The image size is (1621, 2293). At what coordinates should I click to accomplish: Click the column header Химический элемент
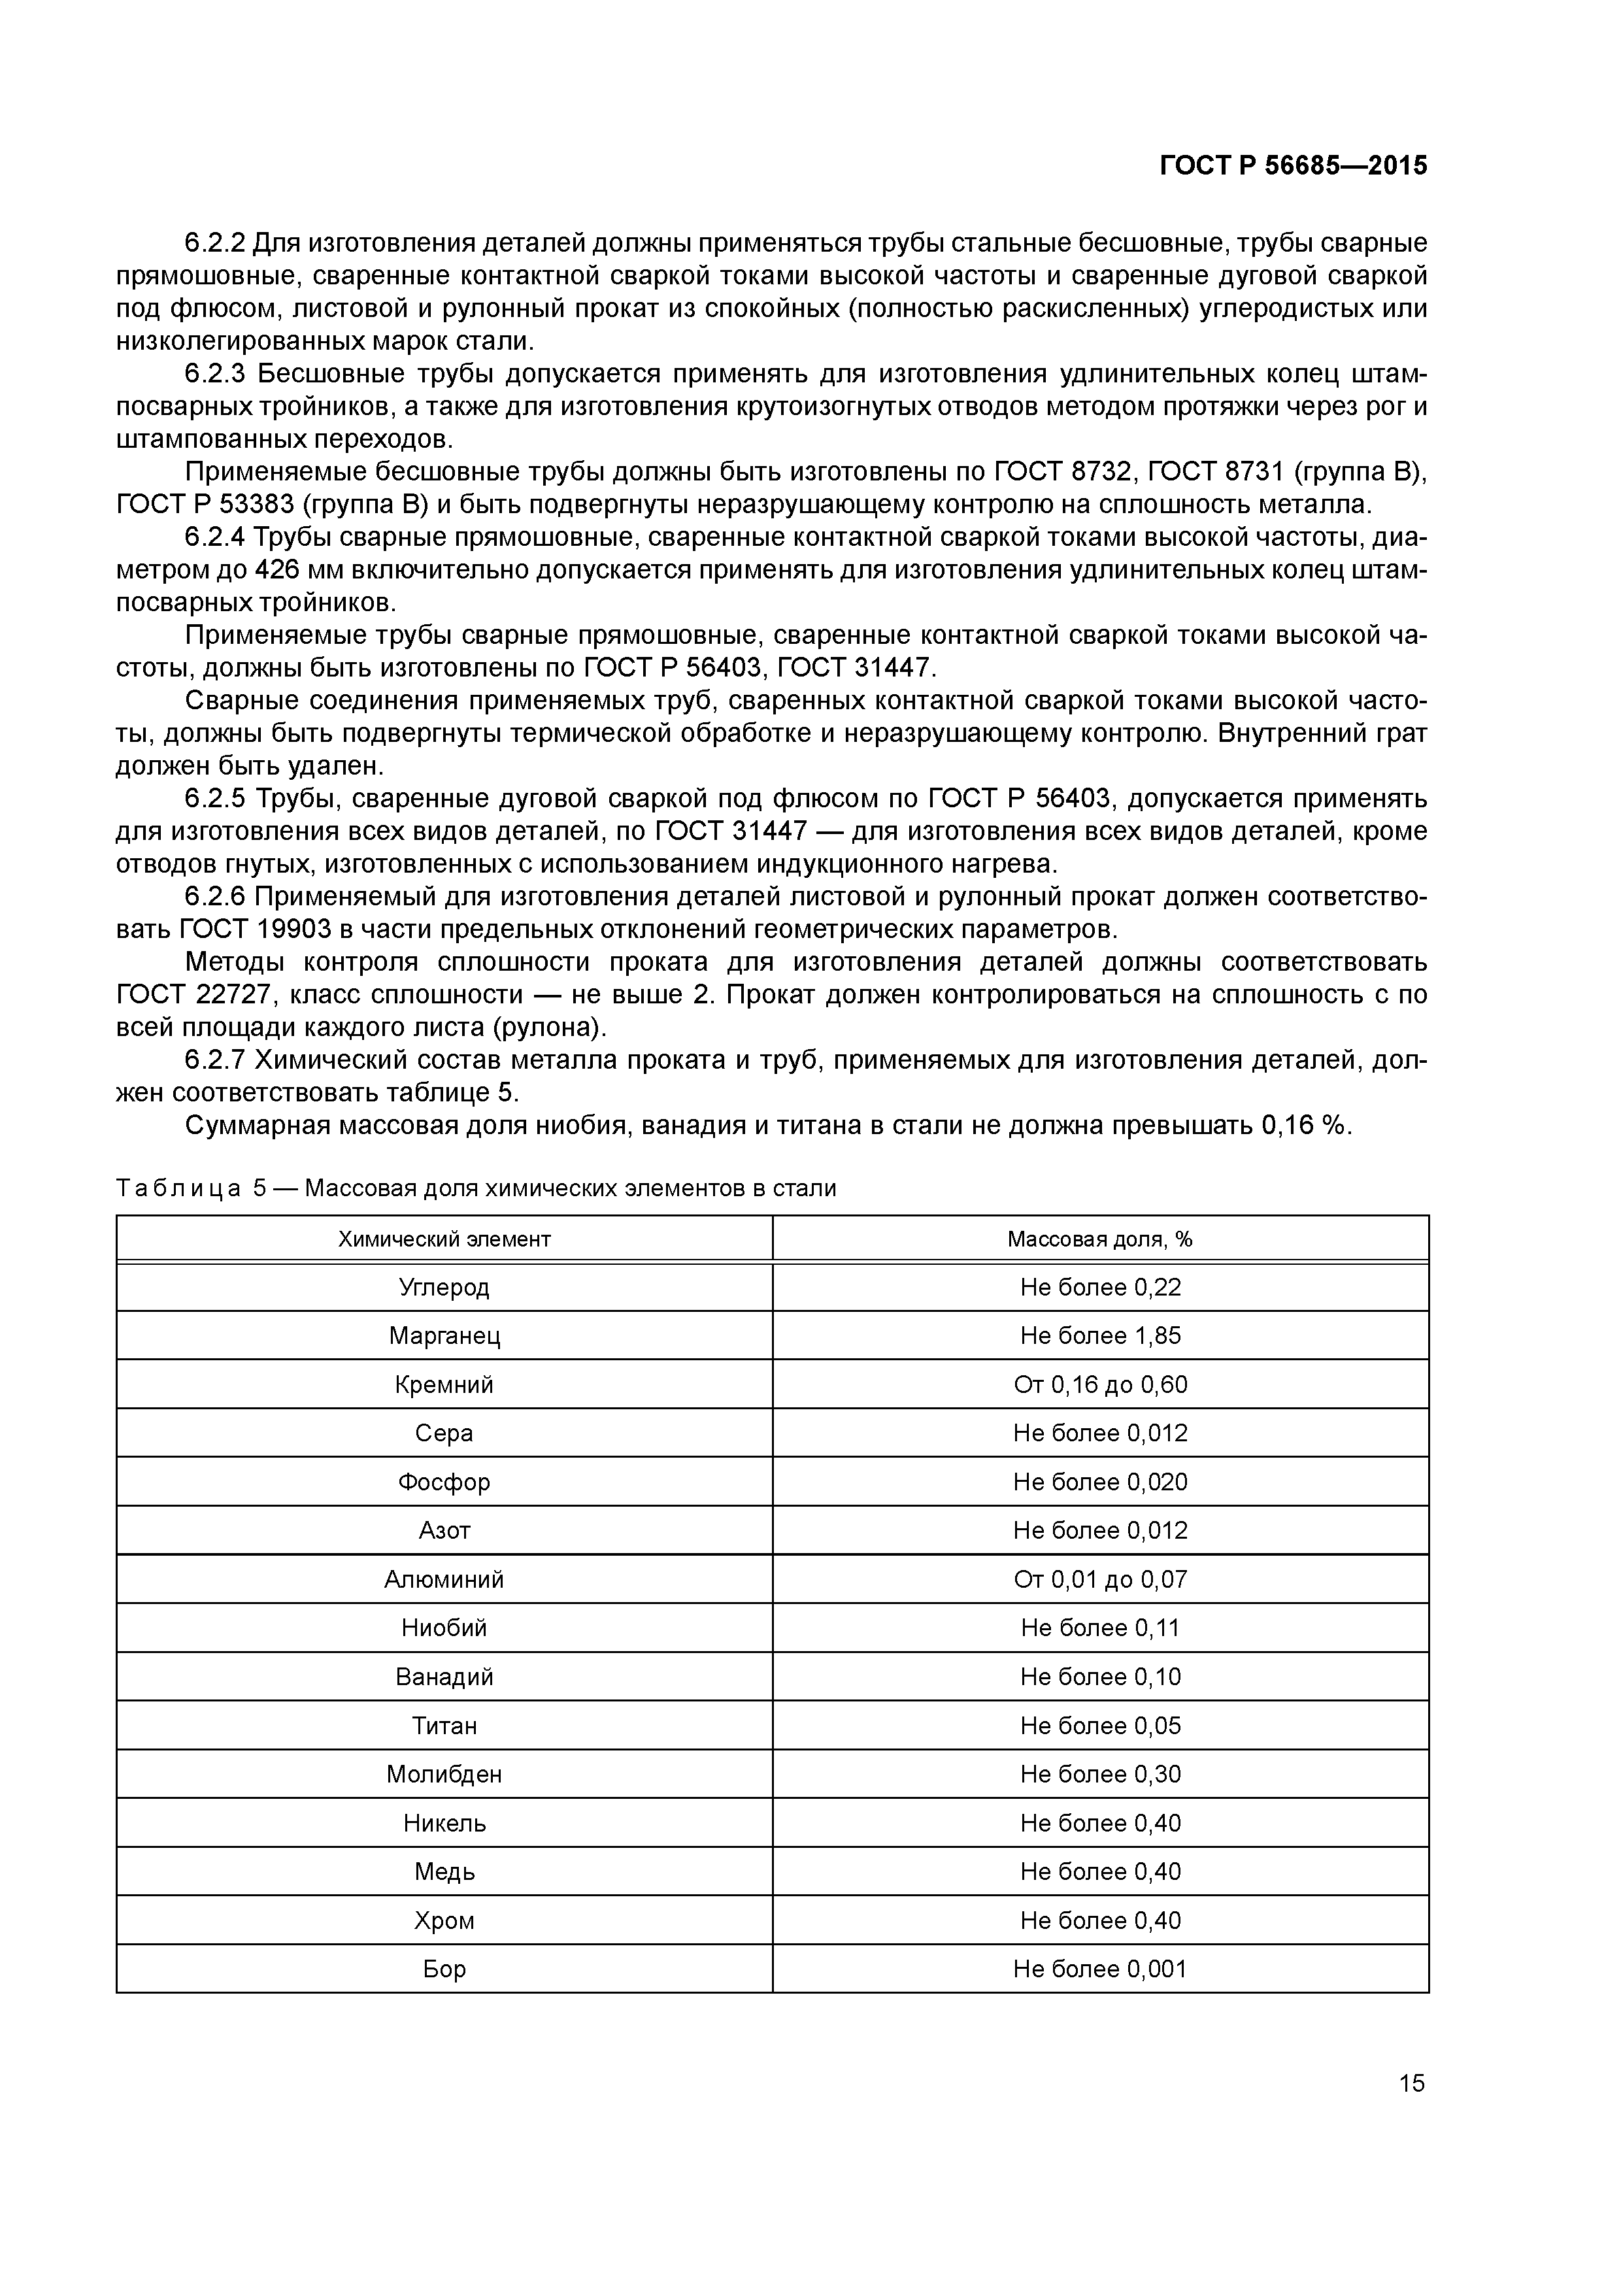pyautogui.click(x=444, y=1239)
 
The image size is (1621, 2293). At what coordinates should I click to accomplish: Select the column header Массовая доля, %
pyautogui.click(x=1099, y=1239)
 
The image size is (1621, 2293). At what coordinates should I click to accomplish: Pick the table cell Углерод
pyautogui.click(x=444, y=1287)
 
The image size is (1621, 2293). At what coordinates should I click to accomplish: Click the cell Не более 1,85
pyautogui.click(x=1099, y=1336)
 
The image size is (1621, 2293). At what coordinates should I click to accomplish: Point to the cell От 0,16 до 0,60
pyautogui.click(x=1099, y=1385)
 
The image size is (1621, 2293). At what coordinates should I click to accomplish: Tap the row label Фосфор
pyautogui.click(x=444, y=1482)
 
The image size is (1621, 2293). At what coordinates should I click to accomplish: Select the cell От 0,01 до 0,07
pyautogui.click(x=1099, y=1580)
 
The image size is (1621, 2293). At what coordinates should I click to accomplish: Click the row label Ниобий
pyautogui.click(x=444, y=1629)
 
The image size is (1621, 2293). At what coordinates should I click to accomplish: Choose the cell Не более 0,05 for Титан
pyautogui.click(x=1099, y=1726)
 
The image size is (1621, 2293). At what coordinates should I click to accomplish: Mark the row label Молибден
pyautogui.click(x=444, y=1775)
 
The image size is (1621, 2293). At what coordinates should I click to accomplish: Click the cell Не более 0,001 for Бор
pyautogui.click(x=1099, y=1969)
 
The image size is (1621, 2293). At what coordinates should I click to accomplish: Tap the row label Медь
pyautogui.click(x=444, y=1873)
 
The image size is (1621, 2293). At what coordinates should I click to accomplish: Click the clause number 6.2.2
pyautogui.click(x=215, y=243)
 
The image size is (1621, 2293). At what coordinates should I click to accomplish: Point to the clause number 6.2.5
pyautogui.click(x=215, y=799)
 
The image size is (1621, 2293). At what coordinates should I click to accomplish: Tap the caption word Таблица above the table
pyautogui.click(x=179, y=1188)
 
